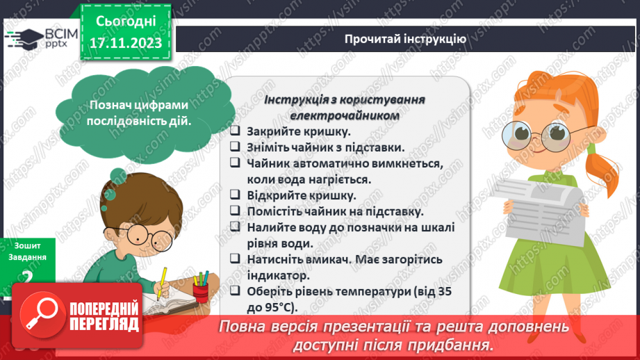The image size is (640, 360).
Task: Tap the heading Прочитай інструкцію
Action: coord(405,38)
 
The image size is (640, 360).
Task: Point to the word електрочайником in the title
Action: coord(345,115)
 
